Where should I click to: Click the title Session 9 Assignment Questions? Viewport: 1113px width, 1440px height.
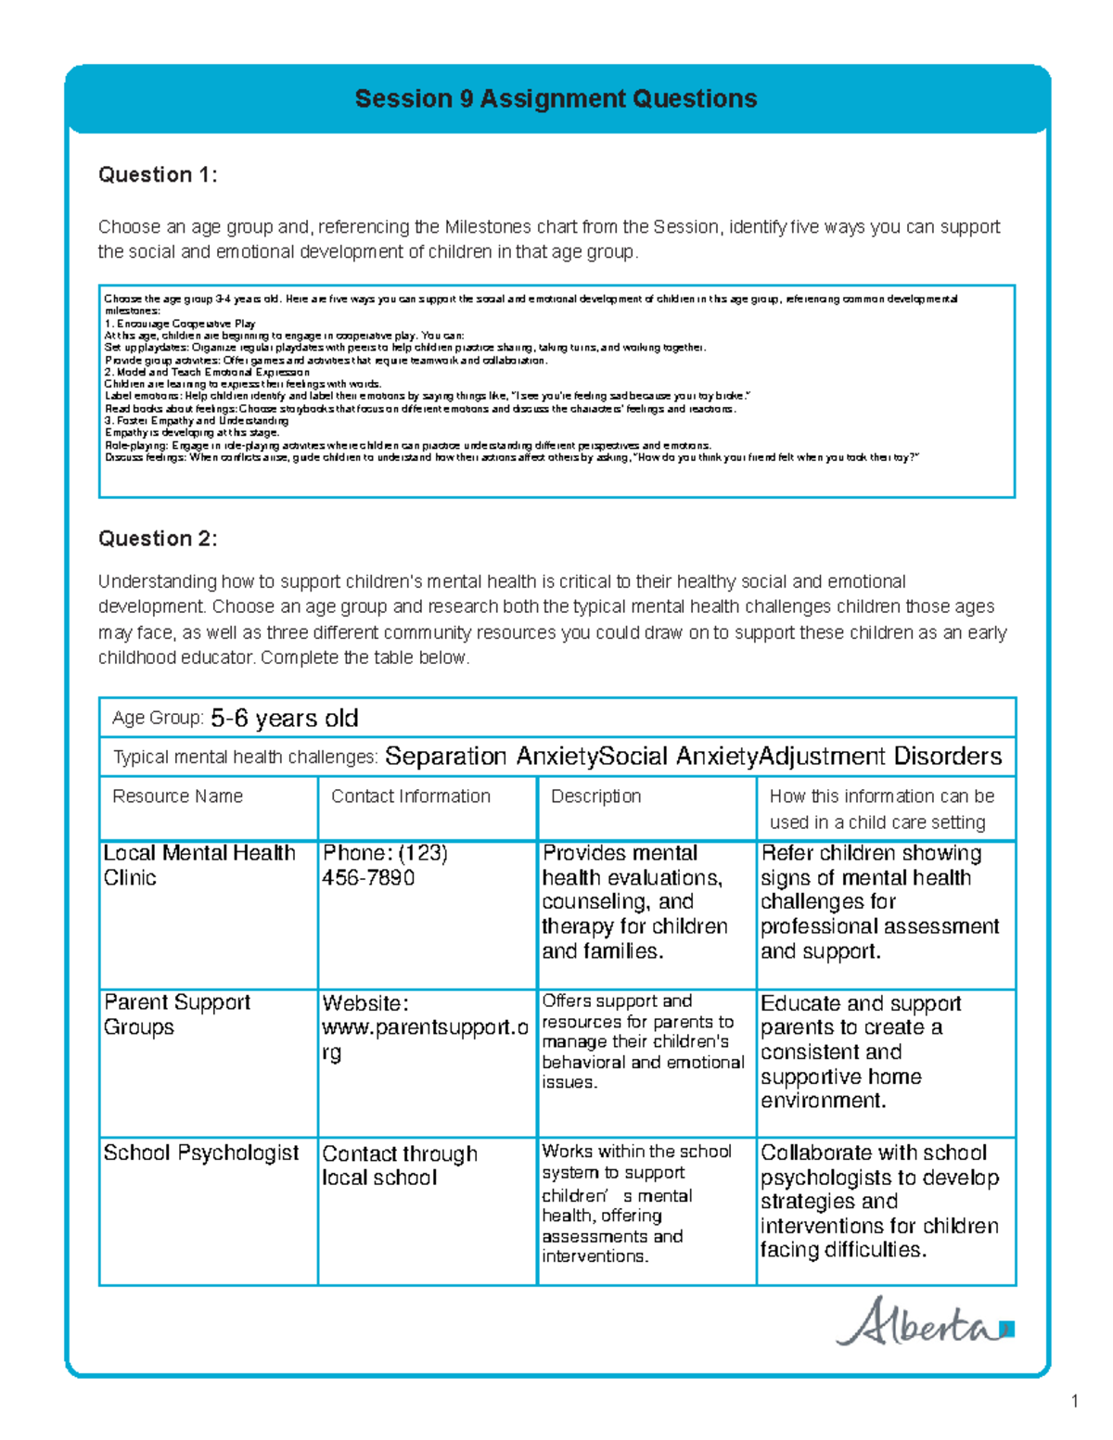tap(556, 99)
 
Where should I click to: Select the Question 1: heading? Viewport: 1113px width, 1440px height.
tap(158, 175)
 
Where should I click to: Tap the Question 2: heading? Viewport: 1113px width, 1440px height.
tap(158, 539)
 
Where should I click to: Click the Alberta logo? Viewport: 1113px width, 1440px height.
tap(924, 1323)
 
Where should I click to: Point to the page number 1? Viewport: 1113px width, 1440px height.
tap(1074, 1401)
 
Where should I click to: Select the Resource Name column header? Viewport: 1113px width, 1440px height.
tap(177, 796)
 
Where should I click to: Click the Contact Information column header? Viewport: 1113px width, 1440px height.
tap(411, 796)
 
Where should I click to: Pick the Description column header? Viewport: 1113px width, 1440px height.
tap(595, 796)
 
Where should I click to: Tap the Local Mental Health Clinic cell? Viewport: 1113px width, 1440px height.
tap(199, 865)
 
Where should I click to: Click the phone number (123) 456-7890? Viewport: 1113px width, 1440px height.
tap(384, 865)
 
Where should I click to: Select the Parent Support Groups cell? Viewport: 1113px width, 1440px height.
tap(177, 1014)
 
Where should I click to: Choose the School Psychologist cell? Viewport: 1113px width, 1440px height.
tap(201, 1153)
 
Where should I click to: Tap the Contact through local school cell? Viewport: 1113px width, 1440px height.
tap(399, 1166)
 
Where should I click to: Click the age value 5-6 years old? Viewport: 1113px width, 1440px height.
tap(285, 719)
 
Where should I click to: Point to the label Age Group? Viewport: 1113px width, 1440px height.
tap(158, 719)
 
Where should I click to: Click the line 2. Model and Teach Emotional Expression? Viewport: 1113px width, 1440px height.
tap(207, 372)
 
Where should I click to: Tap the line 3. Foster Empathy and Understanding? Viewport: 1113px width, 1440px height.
tap(197, 420)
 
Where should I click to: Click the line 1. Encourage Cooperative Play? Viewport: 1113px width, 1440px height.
tap(180, 324)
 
